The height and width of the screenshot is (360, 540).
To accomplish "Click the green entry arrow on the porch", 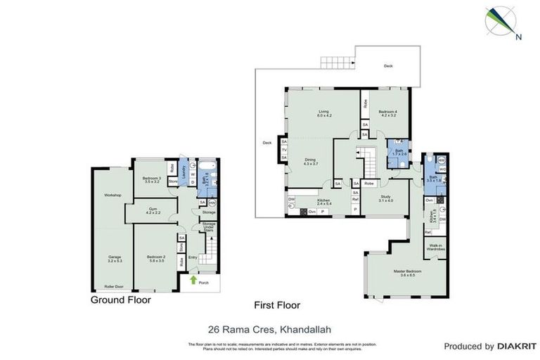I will pyautogui.click(x=194, y=279).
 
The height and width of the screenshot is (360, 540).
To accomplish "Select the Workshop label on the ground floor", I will pyautogui.click(x=113, y=195).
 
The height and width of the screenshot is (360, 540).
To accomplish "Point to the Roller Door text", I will pyautogui.click(x=113, y=287).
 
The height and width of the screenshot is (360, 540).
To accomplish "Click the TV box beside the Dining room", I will pyautogui.click(x=284, y=149).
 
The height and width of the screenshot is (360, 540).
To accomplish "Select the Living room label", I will pyautogui.click(x=323, y=113).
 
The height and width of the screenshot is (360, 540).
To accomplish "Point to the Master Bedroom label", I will pyautogui.click(x=407, y=271).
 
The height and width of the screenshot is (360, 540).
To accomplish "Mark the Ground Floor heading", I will pyautogui.click(x=120, y=300).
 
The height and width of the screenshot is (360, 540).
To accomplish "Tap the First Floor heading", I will pyautogui.click(x=276, y=305).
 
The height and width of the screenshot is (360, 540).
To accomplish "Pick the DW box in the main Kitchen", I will pyautogui.click(x=291, y=200).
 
